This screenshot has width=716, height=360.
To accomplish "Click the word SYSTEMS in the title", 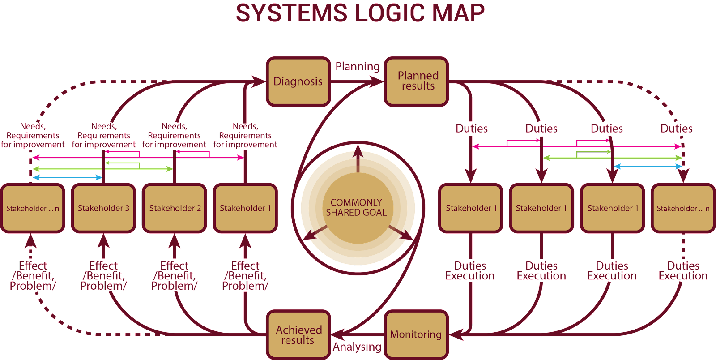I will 291,13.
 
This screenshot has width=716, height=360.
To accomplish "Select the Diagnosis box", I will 298,81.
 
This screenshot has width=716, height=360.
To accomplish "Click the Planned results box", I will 417,81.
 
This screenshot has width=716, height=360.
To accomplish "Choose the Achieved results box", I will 298,334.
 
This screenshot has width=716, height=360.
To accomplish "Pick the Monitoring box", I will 416,334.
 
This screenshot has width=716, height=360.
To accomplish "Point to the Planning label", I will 358,67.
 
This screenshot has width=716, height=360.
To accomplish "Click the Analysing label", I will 357,347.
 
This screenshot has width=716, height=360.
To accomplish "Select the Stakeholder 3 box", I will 103,208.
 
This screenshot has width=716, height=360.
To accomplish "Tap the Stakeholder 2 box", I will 175,208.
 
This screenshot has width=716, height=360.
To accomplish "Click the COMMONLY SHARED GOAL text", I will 356,208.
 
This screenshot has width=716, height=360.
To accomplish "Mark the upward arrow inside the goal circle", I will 358,152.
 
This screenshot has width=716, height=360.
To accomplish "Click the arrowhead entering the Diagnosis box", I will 259,81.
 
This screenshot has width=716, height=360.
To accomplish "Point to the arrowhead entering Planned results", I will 377,81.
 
